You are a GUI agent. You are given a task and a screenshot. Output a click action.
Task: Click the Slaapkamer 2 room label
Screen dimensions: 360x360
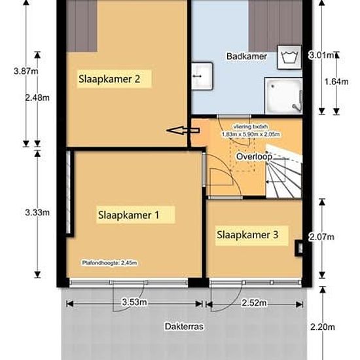point(109,79)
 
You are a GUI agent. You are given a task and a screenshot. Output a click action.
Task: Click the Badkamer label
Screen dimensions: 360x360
point(247,56)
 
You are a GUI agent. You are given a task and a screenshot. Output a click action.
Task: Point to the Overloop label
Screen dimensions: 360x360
point(253,157)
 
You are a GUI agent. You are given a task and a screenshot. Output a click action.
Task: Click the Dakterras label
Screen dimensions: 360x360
point(181,325)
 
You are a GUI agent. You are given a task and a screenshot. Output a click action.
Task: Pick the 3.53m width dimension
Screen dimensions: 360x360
point(134,303)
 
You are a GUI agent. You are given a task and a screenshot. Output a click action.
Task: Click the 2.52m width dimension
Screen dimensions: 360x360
point(255,303)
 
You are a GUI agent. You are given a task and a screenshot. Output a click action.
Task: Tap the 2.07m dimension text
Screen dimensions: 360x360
point(321,236)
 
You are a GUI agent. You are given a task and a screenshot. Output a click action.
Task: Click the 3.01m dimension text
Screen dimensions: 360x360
point(320,56)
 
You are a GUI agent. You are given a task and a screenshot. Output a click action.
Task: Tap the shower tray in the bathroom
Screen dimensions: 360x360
point(283,95)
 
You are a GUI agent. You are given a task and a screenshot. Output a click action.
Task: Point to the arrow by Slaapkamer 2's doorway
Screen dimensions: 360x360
point(176,131)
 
